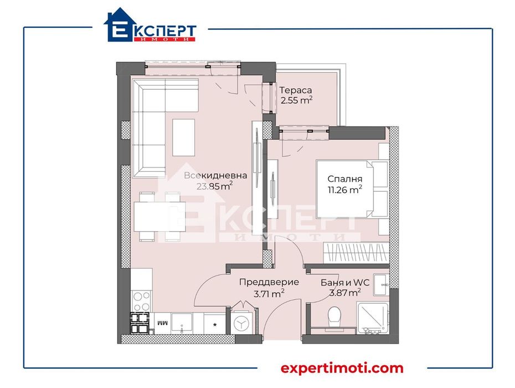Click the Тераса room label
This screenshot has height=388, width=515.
click(296, 90)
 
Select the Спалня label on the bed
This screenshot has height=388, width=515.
click(344, 179)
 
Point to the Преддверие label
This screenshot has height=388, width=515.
click(269, 282)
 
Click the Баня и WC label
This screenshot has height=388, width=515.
click(341, 282)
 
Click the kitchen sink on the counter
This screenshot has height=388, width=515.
click(182, 323)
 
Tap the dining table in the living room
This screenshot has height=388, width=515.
click(159, 216)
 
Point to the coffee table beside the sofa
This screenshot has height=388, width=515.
click(184, 137)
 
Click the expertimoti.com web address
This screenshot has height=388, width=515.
click(342, 368)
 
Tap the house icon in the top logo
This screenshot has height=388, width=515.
click(119, 26)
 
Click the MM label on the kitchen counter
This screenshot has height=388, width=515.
click(161, 323)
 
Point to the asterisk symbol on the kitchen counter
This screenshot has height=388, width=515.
click(215, 321)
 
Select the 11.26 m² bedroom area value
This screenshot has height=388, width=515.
click(344, 190)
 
